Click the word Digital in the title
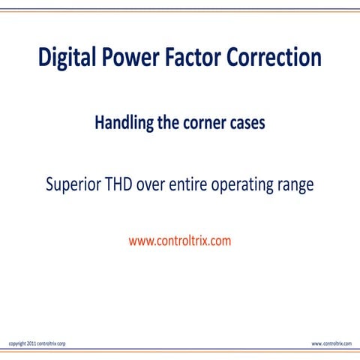[x=70, y=58]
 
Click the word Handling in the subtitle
[x=123, y=124]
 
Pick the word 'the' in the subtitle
[x=168, y=124]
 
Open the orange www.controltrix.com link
[x=180, y=241]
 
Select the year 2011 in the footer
[x=31, y=343]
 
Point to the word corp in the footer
[x=61, y=343]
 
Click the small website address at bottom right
[x=331, y=343]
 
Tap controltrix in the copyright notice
[x=46, y=343]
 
